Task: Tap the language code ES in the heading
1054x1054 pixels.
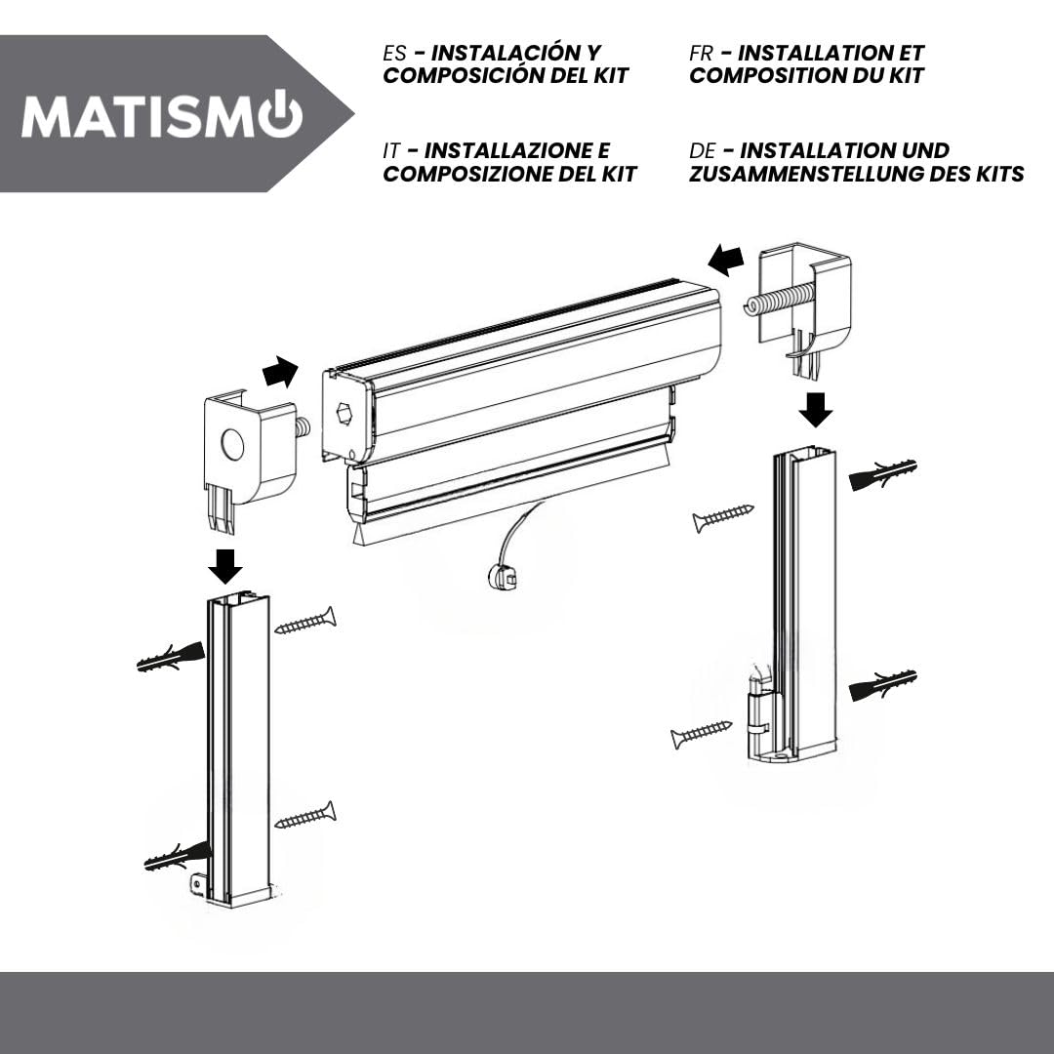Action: (394, 53)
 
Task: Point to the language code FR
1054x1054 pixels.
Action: (701, 53)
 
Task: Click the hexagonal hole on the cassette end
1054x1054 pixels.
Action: (345, 413)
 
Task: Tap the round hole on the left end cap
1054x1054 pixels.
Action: (232, 444)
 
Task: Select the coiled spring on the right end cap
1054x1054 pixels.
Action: (779, 299)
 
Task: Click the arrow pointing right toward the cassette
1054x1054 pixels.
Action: (280, 372)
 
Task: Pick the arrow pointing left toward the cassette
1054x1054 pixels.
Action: (726, 260)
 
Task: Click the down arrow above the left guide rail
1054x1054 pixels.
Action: (225, 567)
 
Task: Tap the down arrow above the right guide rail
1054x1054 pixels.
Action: (816, 409)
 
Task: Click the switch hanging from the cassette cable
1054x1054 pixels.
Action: (503, 577)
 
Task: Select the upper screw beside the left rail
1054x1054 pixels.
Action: (305, 621)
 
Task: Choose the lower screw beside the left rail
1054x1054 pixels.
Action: (305, 815)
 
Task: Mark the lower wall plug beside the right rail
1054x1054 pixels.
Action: (883, 685)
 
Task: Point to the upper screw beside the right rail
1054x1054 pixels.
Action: (723, 518)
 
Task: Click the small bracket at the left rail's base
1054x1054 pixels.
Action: (199, 884)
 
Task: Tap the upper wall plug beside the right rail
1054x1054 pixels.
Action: (883, 474)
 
